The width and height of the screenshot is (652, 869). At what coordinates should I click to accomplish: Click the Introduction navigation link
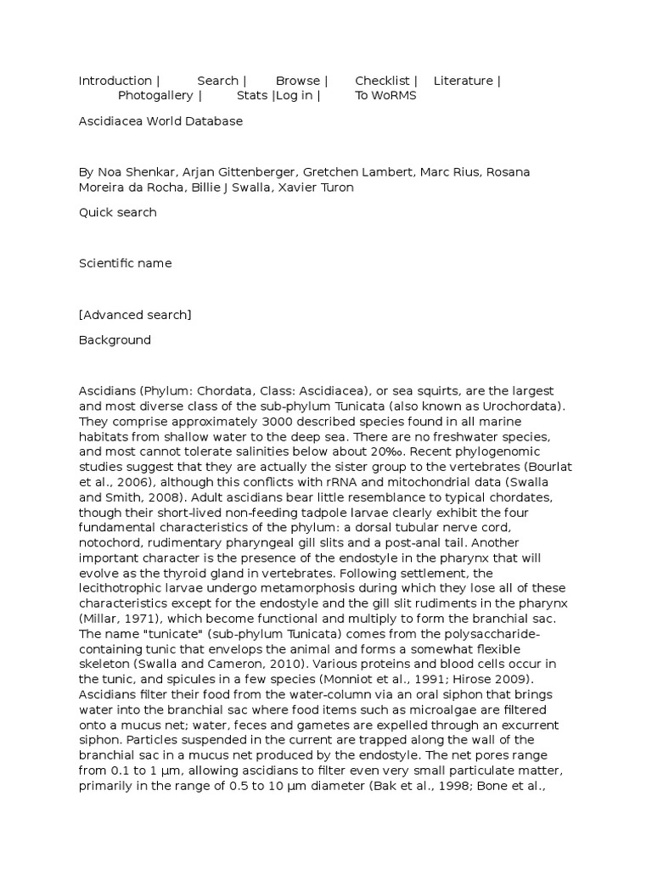115,81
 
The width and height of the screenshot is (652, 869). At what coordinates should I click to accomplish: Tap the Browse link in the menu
298,81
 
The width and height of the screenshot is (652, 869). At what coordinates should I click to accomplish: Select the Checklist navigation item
382,81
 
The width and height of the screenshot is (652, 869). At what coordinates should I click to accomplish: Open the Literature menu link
464,81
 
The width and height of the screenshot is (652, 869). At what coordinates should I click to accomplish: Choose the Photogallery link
155,95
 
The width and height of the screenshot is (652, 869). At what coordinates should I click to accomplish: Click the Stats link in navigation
252,95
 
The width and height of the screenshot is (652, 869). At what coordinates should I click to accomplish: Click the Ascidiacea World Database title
160,121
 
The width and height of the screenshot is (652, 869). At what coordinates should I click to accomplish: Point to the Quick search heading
118,212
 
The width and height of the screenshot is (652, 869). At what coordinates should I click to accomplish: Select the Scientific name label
125,263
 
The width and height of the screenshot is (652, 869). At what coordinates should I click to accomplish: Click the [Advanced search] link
135,315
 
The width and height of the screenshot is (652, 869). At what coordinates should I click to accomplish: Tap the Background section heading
115,340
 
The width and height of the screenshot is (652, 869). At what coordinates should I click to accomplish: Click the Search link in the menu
218,81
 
